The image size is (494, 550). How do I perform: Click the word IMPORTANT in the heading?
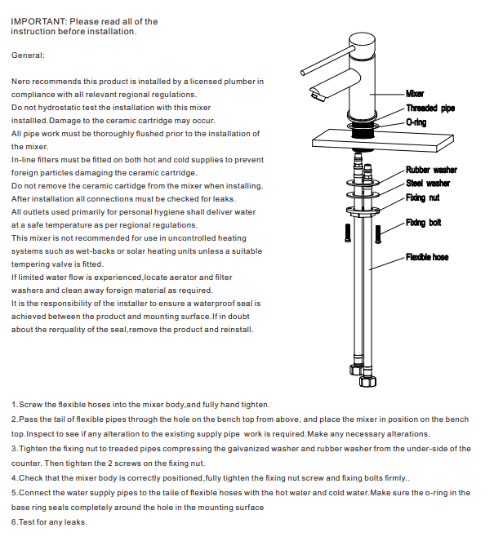(x=37, y=21)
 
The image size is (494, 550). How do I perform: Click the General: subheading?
(x=29, y=55)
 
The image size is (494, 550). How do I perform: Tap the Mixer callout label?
(x=415, y=94)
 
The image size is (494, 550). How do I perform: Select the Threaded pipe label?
(x=430, y=108)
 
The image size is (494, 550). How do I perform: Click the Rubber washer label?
(x=431, y=170)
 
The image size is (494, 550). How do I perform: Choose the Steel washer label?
(x=428, y=183)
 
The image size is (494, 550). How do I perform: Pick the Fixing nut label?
(x=422, y=197)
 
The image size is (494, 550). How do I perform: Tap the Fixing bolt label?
(x=423, y=223)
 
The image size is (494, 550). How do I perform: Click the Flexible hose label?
(x=427, y=257)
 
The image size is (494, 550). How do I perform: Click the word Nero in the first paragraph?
(x=21, y=82)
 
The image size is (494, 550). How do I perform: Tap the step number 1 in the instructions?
(x=14, y=405)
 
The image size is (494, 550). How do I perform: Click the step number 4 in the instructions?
(x=14, y=477)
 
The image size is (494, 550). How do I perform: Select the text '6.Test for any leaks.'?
(x=49, y=522)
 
